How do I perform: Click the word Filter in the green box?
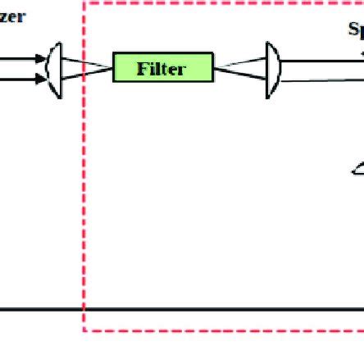click(x=162, y=69)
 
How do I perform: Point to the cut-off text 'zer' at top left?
click(x=11, y=16)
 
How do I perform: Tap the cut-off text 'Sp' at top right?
click(x=355, y=30)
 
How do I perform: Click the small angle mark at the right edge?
click(x=357, y=170)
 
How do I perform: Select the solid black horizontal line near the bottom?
click(x=205, y=310)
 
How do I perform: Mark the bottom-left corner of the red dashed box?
click(x=84, y=330)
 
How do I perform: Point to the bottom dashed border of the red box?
click(x=221, y=330)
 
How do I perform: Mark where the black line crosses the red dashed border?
click(x=84, y=310)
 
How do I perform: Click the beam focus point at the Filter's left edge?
click(x=112, y=69)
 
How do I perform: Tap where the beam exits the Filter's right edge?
click(x=214, y=69)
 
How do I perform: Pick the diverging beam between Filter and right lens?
click(x=242, y=69)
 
